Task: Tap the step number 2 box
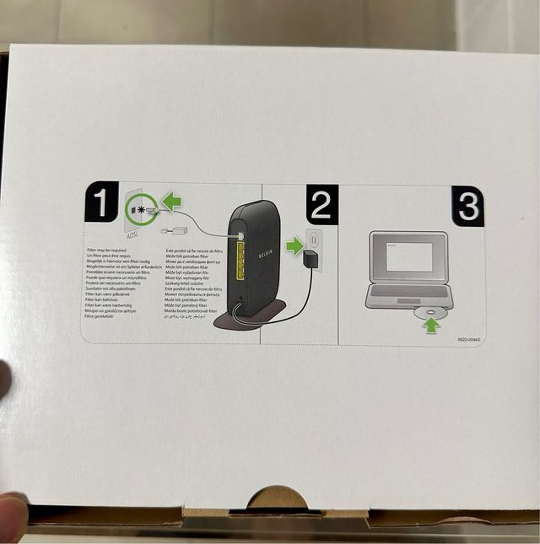pyautogui.click(x=321, y=203)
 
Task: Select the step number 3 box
pyautogui.click(x=467, y=207)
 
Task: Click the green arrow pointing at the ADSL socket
pyautogui.click(x=172, y=202)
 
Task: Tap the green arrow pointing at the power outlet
pyautogui.click(x=294, y=246)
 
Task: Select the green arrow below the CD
pyautogui.click(x=432, y=325)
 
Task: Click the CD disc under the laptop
pyautogui.click(x=432, y=313)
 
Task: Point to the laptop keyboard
pyautogui.click(x=410, y=290)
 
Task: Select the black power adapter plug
pyautogui.click(x=313, y=261)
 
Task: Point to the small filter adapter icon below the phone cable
pyautogui.click(x=179, y=230)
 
